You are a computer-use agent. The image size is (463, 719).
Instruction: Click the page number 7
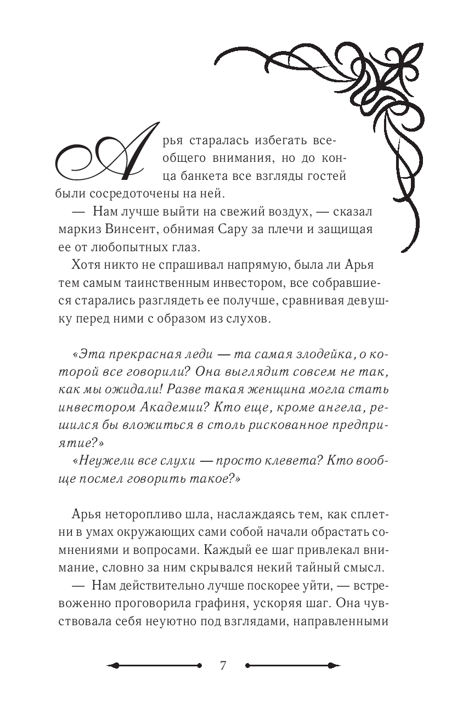(222, 666)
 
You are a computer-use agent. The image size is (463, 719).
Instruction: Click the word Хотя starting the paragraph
(84, 264)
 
